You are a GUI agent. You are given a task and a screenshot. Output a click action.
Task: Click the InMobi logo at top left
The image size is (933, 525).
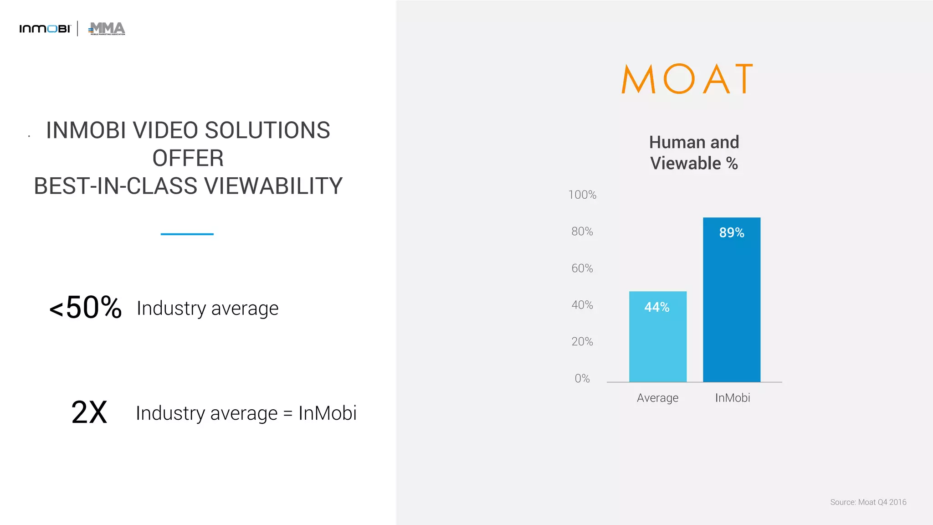pos(45,29)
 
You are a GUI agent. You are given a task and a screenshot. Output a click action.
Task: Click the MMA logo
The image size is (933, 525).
pos(107,29)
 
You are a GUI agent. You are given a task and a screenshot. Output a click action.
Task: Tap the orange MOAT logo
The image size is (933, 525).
pos(687,79)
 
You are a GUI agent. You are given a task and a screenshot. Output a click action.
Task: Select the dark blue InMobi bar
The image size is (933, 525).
pos(731,310)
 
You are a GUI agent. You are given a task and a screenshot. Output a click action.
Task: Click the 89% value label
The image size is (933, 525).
pos(731,233)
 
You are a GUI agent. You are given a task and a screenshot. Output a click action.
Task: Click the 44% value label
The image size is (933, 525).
pos(656,307)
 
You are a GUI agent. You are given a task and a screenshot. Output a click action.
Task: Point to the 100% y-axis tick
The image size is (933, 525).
pos(582,195)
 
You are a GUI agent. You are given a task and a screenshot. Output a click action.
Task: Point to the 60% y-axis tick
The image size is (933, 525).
pos(582,268)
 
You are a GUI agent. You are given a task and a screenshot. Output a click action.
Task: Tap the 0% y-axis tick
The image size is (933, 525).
pos(582,379)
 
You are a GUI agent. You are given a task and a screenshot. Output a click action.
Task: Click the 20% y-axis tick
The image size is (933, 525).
pos(582,342)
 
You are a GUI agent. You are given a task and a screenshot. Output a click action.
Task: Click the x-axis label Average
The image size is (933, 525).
pos(657,398)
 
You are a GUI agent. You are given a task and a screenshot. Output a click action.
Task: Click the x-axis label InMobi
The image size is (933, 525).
pos(732,398)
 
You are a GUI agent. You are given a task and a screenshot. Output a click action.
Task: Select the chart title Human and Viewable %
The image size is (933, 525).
pos(693,153)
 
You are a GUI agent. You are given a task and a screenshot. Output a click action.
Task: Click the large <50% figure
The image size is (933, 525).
pos(86,308)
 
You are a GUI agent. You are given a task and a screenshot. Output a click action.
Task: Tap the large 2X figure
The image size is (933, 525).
pos(89,412)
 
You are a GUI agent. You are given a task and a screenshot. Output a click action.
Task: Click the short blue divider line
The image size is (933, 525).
pos(187,234)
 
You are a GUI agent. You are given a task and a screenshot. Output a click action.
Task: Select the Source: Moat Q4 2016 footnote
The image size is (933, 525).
pos(868,502)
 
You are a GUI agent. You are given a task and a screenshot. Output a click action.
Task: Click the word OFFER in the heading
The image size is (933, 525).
pos(188,158)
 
